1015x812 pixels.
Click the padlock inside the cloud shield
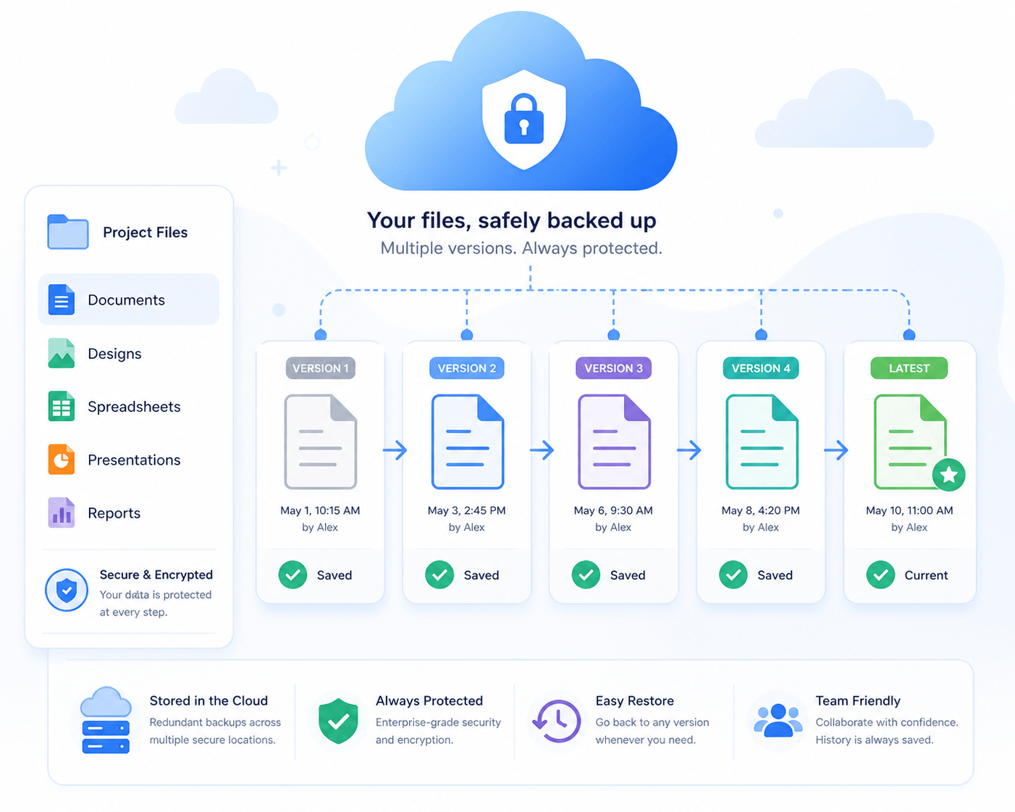click(523, 119)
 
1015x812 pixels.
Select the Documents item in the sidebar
click(129, 300)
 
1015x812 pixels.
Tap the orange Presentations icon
click(62, 460)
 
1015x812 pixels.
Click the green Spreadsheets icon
click(62, 406)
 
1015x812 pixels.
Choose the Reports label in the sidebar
click(114, 513)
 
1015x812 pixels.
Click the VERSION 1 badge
click(320, 368)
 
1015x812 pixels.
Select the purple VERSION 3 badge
click(613, 368)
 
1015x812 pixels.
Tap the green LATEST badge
click(909, 368)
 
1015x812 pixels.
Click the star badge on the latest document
click(948, 474)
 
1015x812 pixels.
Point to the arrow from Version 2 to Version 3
click(542, 450)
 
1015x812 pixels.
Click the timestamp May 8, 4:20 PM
click(760, 510)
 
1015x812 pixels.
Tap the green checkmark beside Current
click(880, 575)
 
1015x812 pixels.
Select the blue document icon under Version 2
click(468, 441)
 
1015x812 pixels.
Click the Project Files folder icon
click(68, 232)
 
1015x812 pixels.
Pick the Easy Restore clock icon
click(557, 721)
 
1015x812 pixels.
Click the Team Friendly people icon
click(778, 720)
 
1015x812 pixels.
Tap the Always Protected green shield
click(338, 721)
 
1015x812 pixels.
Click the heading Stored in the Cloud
click(209, 701)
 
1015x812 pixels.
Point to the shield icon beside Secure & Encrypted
click(67, 590)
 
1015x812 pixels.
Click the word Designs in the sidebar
click(114, 354)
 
